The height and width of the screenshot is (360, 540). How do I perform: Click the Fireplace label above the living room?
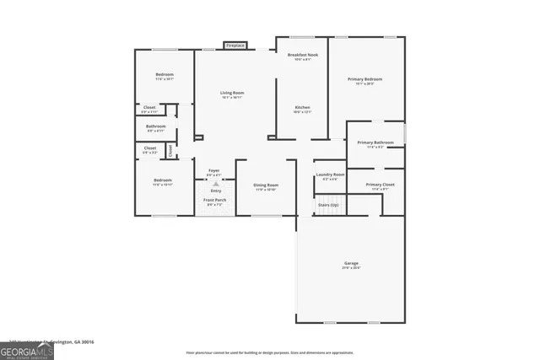tap(235, 46)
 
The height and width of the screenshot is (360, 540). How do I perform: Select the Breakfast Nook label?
tap(303, 55)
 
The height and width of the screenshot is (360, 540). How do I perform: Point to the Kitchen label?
tap(302, 107)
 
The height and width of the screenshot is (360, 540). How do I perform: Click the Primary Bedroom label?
tap(364, 80)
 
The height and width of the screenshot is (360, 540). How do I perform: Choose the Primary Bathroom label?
tap(375, 142)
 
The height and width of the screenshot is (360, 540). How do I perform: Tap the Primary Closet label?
tap(380, 184)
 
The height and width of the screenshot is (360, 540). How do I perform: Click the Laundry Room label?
tap(330, 175)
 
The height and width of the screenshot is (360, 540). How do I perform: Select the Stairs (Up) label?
tap(327, 205)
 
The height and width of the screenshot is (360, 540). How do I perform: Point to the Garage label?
tap(351, 263)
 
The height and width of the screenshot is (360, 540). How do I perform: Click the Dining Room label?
tap(267, 185)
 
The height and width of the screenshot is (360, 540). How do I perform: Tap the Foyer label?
tap(214, 170)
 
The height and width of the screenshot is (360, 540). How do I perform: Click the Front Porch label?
tap(214, 200)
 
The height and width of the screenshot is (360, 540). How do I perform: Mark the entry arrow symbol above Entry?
tap(214, 183)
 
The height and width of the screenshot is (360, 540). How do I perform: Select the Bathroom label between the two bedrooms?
tap(156, 126)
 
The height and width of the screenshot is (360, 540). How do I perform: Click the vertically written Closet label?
tap(170, 150)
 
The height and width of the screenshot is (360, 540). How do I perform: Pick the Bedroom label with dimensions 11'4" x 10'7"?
tap(164, 75)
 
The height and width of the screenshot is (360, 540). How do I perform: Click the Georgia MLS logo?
tap(27, 349)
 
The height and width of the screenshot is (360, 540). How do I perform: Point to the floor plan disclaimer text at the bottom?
tap(270, 352)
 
